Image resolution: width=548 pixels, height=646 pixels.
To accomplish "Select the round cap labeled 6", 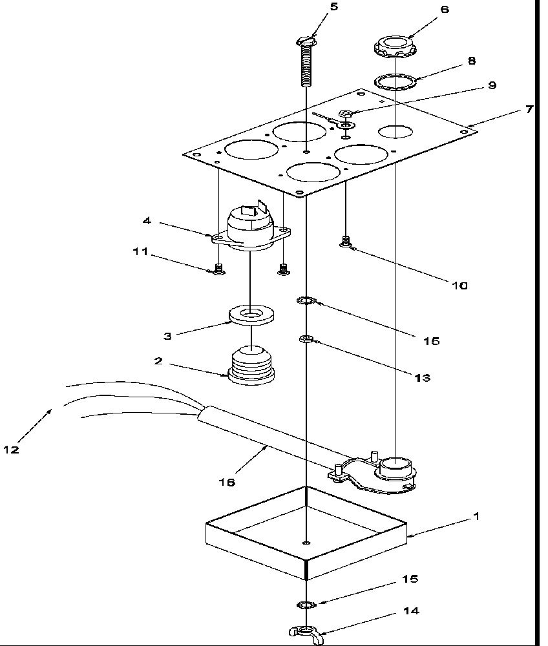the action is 394,47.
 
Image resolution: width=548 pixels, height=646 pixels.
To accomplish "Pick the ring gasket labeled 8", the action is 395,81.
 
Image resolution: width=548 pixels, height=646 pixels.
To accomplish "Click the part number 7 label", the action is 529,110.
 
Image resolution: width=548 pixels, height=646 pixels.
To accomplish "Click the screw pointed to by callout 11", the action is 219,269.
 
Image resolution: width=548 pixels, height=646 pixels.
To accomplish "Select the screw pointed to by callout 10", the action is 345,242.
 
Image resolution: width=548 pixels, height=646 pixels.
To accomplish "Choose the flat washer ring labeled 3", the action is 253,315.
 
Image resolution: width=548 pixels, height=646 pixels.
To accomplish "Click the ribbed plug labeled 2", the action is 251,366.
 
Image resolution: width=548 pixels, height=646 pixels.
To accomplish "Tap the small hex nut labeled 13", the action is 306,339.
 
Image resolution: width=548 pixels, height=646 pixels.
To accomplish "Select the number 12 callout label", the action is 12,450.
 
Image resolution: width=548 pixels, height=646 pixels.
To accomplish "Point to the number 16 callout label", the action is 227,482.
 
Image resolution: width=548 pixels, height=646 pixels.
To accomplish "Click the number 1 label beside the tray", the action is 476,516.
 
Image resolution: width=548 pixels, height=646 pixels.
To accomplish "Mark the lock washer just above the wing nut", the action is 306,605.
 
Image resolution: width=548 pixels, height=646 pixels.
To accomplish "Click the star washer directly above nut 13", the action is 306,301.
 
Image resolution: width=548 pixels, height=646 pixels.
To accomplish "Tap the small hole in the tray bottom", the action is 306,542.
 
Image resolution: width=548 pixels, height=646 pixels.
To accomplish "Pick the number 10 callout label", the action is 460,285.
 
